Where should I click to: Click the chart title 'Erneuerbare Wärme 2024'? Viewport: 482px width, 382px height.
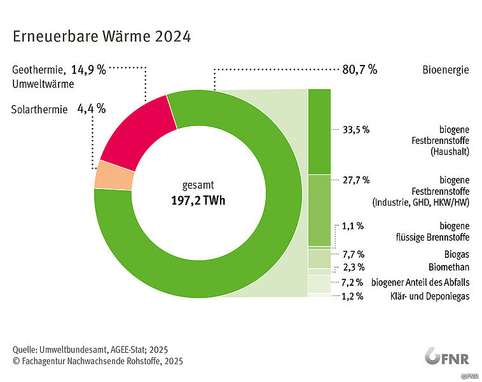coord(101,36)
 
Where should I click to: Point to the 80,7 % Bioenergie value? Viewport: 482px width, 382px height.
coord(359,69)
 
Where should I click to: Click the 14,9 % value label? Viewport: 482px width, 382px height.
coord(88,69)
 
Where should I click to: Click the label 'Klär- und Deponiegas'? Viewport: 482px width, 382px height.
coord(429,296)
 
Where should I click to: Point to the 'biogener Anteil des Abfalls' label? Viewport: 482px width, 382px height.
coord(421,282)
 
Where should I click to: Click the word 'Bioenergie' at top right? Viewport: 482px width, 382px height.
coord(445,69)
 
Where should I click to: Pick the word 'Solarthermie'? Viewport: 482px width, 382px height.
coord(39,110)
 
